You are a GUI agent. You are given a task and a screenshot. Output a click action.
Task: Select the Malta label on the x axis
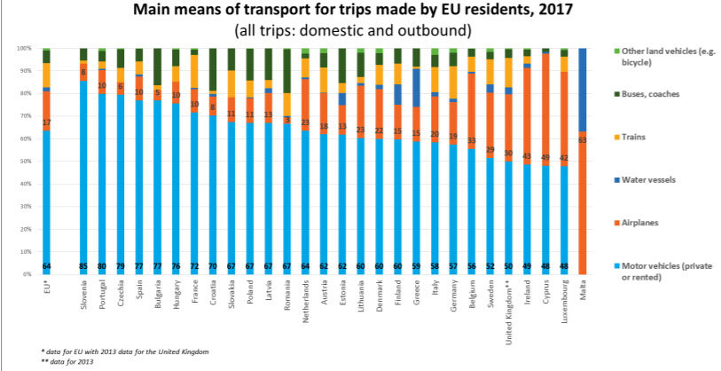click(x=583, y=288)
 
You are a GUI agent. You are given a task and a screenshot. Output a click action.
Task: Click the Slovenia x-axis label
click(x=83, y=294)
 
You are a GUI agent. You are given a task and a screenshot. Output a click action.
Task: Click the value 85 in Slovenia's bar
click(x=83, y=265)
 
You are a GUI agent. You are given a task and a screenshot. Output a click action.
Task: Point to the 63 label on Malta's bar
click(x=583, y=138)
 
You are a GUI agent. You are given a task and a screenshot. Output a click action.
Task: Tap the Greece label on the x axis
click(x=416, y=290)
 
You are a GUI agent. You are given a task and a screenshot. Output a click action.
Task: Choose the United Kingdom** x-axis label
click(x=508, y=303)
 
